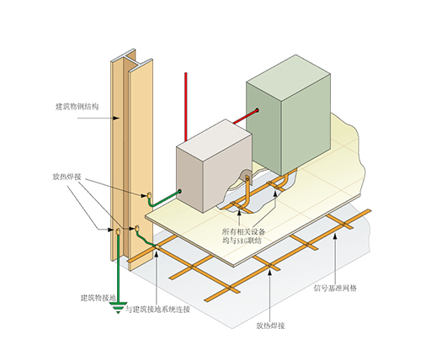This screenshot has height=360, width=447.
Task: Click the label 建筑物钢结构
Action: coord(77,107)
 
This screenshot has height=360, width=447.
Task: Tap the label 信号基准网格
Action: coord(335,288)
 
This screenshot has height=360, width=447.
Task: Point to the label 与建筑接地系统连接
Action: coord(158,310)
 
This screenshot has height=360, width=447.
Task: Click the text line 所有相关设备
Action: coord(244,231)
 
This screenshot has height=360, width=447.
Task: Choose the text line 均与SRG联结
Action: coord(242,241)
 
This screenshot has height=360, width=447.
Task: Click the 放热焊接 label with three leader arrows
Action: coord(67,177)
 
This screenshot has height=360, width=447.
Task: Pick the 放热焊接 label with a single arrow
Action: coord(270,326)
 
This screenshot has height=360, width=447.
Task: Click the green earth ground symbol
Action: coord(119,308)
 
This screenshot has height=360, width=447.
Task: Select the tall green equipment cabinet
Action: coord(289,115)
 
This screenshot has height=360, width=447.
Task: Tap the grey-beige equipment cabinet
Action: coord(214,166)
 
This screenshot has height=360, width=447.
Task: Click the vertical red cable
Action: coord(186,107)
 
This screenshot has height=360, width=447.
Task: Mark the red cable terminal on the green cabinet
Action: coord(257,110)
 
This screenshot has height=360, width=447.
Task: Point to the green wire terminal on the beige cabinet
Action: coord(180,191)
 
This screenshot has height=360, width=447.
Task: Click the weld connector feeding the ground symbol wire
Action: coord(118,231)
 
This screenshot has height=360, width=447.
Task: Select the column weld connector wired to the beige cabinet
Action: coord(149,195)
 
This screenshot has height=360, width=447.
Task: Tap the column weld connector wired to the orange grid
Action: coord(137,228)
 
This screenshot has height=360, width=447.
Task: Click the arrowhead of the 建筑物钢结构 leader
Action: coord(116,118)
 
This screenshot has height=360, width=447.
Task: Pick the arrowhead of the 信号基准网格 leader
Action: coord(335,236)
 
